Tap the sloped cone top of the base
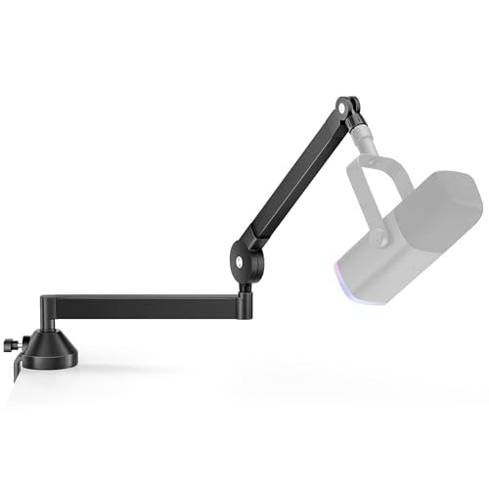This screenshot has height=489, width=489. [50, 341]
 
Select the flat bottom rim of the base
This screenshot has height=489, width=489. [50, 365]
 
